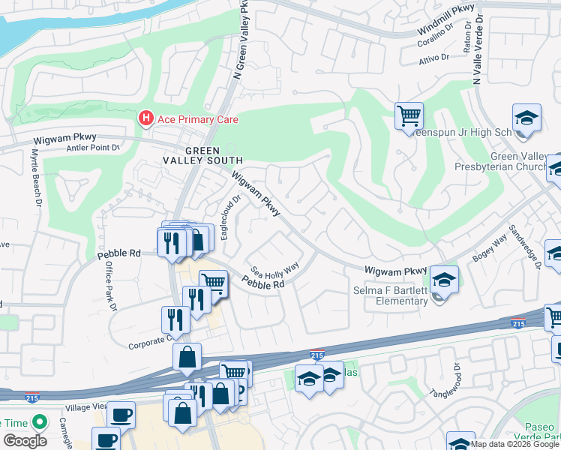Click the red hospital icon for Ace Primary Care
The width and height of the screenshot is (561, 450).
[145, 118]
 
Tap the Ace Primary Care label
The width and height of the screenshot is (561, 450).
[199, 119]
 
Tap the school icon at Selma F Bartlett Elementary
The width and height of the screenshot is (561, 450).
[444, 280]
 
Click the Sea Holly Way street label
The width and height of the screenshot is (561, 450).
[274, 268]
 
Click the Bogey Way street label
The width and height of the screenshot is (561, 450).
[489, 249]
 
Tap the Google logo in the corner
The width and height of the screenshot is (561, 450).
[25, 441]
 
